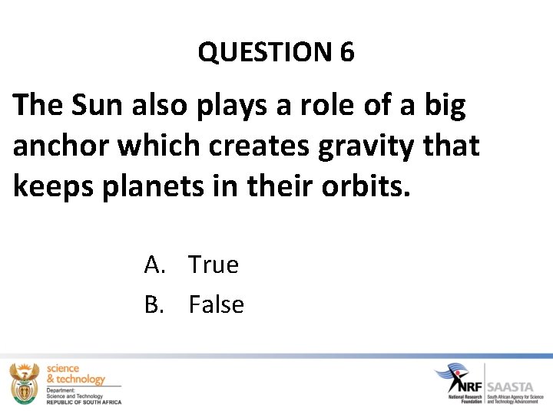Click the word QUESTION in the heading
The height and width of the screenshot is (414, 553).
(263, 52)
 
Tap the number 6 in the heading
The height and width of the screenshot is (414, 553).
(346, 52)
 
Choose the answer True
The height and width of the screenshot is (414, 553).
(214, 264)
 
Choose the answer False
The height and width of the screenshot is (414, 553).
(216, 304)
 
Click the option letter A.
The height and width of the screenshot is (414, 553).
(153, 264)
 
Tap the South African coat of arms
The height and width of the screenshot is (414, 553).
(25, 383)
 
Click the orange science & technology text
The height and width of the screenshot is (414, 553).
(75, 374)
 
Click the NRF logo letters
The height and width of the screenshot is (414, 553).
(466, 381)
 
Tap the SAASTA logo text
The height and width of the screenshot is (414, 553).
(510, 387)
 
